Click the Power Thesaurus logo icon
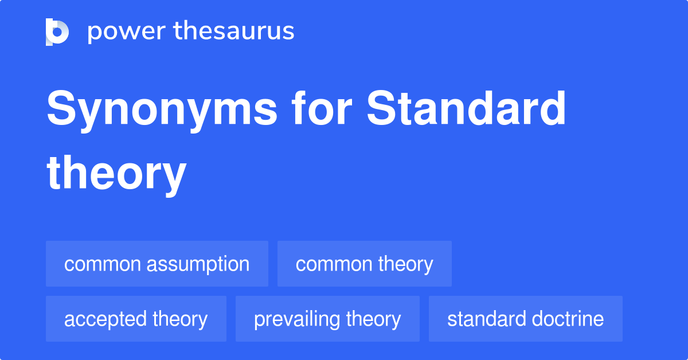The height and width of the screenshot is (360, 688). pyautogui.click(x=57, y=32)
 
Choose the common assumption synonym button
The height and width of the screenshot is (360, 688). pyautogui.click(x=157, y=264)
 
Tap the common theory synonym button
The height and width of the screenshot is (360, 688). pyautogui.click(x=364, y=264)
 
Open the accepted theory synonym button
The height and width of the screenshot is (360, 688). pyautogui.click(x=136, y=319)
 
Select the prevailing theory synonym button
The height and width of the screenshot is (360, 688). pyautogui.click(x=327, y=319)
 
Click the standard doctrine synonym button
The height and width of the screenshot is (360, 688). pyautogui.click(x=525, y=319)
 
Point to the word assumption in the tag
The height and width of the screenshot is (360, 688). pyautogui.click(x=198, y=264)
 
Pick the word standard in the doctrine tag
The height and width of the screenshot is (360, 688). pyautogui.click(x=486, y=319)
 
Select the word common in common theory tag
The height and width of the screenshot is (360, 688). pyautogui.click(x=326, y=264)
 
